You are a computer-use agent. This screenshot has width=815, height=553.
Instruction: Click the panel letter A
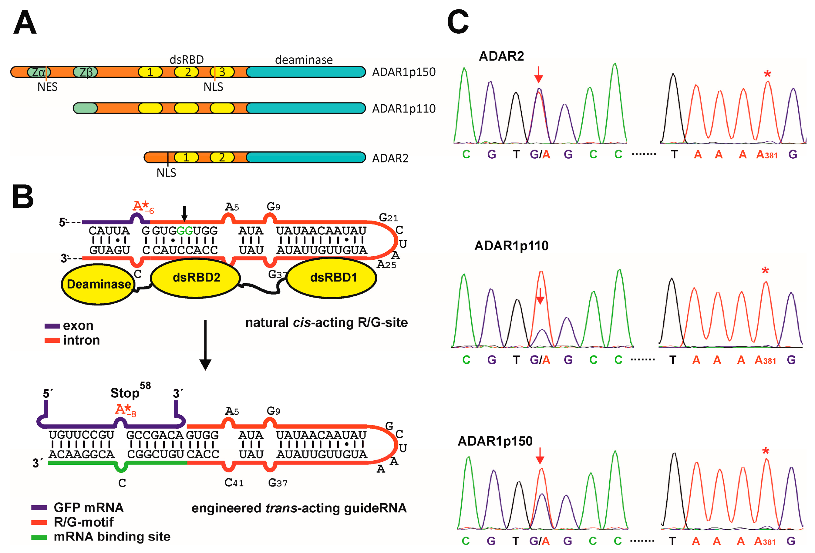pyautogui.click(x=25, y=22)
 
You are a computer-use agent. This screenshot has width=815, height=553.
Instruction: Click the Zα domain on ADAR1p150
pyautogui.click(x=39, y=72)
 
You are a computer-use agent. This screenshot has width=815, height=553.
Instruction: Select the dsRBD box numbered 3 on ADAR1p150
pyautogui.click(x=222, y=72)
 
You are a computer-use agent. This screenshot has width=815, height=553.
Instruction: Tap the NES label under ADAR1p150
pyautogui.click(x=47, y=87)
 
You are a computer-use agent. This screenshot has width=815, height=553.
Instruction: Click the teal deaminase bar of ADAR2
pyautogui.click(x=305, y=157)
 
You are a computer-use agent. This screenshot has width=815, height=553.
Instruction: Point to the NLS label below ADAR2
pyautogui.click(x=166, y=173)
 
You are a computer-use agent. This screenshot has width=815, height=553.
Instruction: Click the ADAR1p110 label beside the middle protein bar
pyautogui.click(x=404, y=109)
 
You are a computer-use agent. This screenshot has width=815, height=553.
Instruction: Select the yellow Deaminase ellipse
pyautogui.click(x=99, y=284)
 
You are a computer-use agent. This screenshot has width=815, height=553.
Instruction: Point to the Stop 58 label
pyautogui.click(x=130, y=392)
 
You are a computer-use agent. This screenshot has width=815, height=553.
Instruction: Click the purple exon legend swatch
pyautogui.click(x=52, y=326)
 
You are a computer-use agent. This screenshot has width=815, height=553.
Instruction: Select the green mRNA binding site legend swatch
pyautogui.click(x=39, y=537)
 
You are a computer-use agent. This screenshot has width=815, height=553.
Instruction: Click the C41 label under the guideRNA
pyautogui.click(x=234, y=483)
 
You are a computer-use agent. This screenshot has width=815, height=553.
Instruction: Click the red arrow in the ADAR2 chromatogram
pyautogui.click(x=539, y=74)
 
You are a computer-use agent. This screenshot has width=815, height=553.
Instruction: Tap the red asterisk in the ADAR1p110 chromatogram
pyautogui.click(x=765, y=271)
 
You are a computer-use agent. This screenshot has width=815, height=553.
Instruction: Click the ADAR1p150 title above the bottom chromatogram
pyautogui.click(x=495, y=441)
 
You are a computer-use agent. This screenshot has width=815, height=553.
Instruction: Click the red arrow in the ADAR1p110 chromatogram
pyautogui.click(x=540, y=296)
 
